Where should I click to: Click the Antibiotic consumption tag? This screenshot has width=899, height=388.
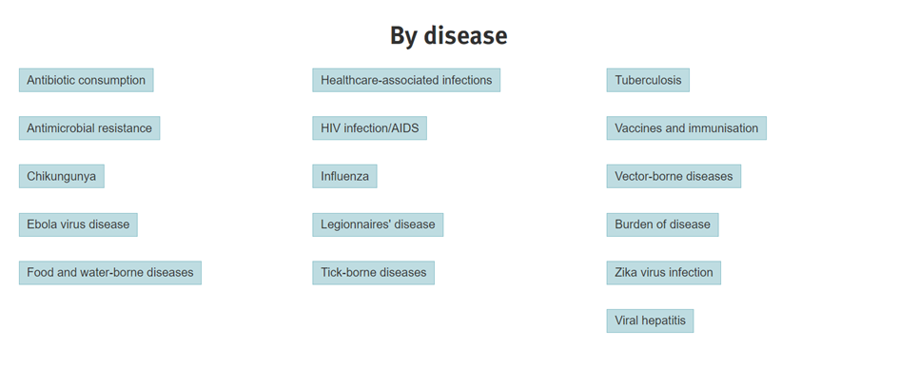pyautogui.click(x=86, y=80)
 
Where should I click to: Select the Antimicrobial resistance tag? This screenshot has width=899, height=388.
pyautogui.click(x=89, y=128)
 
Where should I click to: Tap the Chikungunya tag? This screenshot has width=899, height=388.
pyautogui.click(x=61, y=177)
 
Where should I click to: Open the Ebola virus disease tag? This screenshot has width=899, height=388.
pyautogui.click(x=78, y=224)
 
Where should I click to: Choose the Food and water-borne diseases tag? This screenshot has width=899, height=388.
pyautogui.click(x=110, y=273)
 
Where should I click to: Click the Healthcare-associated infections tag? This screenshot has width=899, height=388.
pyautogui.click(x=406, y=80)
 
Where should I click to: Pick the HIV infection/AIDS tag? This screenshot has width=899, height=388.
pyautogui.click(x=370, y=128)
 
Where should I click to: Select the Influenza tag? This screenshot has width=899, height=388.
pyautogui.click(x=344, y=177)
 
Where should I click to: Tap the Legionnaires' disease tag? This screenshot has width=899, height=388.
pyautogui.click(x=378, y=224)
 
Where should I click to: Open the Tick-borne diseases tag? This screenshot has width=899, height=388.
pyautogui.click(x=373, y=273)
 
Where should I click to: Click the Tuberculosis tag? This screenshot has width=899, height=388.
pyautogui.click(x=648, y=80)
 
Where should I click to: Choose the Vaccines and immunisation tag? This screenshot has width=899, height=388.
pyautogui.click(x=686, y=128)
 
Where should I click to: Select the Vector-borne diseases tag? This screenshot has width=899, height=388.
pyautogui.click(x=674, y=177)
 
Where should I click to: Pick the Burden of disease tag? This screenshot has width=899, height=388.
pyautogui.click(x=662, y=224)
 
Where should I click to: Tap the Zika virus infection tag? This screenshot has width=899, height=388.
pyautogui.click(x=664, y=273)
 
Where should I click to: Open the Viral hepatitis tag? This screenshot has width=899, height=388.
pyautogui.click(x=650, y=320)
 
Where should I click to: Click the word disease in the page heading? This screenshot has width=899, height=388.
pyautogui.click(x=465, y=35)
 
